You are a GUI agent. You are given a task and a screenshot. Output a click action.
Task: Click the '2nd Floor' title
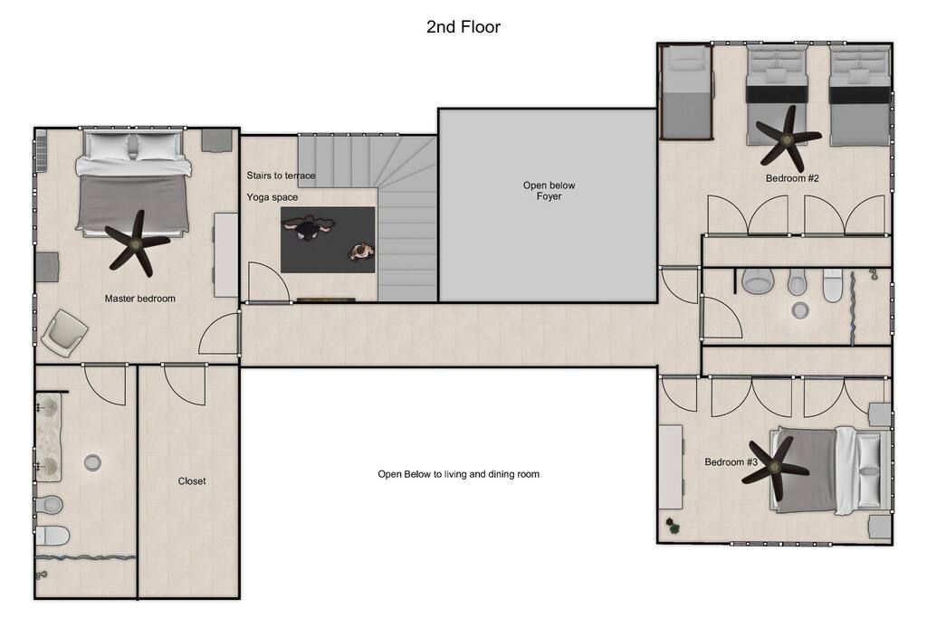point(463,26)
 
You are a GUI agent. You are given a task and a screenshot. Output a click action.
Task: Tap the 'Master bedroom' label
point(140,299)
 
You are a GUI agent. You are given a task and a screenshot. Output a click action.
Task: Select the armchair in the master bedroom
point(65,333)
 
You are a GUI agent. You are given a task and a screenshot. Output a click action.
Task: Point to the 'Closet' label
point(192,481)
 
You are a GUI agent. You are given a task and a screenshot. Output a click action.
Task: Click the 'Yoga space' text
point(272,197)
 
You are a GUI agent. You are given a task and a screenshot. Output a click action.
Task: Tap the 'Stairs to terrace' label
point(281,176)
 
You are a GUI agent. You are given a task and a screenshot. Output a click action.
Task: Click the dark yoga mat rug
point(328,239)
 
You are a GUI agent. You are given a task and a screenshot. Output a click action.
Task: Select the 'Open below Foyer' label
point(549,190)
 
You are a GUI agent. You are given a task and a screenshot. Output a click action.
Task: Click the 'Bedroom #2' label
point(792,178)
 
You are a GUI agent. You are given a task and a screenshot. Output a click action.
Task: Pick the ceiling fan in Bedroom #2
point(787,139)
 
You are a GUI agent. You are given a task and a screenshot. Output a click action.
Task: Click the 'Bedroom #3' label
point(731,462)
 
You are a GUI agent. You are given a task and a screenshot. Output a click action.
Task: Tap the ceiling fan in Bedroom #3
point(775,469)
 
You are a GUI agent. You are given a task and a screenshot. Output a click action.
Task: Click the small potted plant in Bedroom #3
point(673,526)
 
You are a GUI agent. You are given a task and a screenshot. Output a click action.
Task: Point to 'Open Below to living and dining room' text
point(458,474)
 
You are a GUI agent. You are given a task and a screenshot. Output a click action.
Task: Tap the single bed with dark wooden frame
point(686,92)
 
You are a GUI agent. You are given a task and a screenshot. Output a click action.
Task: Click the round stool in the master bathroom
point(92,462)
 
